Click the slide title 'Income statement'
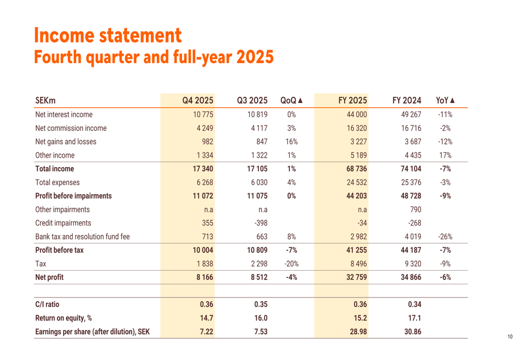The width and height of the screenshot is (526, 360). point(108,35)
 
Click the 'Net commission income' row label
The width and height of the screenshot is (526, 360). point(70,128)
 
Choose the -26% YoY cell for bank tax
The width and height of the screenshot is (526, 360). point(445,237)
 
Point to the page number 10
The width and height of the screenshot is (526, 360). point(510,337)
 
